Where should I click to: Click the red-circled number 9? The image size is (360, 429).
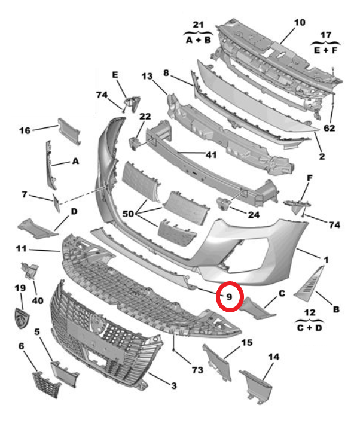pyautogui.click(x=228, y=296)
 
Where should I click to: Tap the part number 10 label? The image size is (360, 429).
pyautogui.click(x=299, y=23)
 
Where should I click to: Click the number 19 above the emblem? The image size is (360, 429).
pyautogui.click(x=20, y=288)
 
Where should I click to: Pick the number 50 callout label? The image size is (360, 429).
pyautogui.click(x=128, y=214)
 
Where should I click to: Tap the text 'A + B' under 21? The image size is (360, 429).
pyautogui.click(x=197, y=40)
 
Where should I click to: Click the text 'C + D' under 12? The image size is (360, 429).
pyautogui.click(x=310, y=328)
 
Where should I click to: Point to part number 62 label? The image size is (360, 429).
pyautogui.click(x=330, y=128)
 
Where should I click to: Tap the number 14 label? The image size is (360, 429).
pyautogui.click(x=273, y=357)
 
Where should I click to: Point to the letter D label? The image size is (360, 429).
pyautogui.click(x=74, y=211)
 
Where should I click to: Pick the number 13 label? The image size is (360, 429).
pyautogui.click(x=147, y=76)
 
